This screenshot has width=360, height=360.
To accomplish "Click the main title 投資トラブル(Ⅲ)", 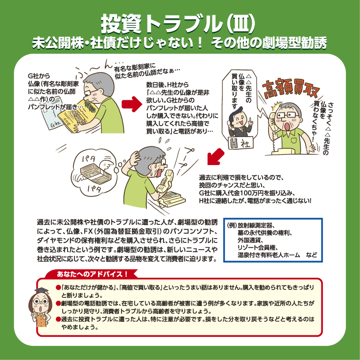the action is point(178,24).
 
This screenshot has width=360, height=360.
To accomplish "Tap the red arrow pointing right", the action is point(132,104).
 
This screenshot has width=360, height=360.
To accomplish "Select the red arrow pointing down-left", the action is point(216,157).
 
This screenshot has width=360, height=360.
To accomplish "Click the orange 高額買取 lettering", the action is point(290,89).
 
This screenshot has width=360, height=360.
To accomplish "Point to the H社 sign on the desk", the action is point(240,143).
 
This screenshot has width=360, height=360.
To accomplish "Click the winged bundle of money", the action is point(96,172).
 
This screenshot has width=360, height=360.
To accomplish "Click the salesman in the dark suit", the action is point(240,123).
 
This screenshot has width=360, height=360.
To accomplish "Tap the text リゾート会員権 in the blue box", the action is point(258,247).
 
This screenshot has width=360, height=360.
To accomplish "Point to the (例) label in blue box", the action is point(231,225).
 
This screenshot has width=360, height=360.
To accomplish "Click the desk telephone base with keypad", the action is point(172,199).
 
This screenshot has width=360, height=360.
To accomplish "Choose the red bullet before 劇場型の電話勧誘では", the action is point(58,304).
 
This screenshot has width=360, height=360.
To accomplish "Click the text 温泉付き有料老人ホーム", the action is point(268,255).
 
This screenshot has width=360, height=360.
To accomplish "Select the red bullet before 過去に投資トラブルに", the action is point(58,319).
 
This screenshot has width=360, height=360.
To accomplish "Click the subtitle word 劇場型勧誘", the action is point(294,43).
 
